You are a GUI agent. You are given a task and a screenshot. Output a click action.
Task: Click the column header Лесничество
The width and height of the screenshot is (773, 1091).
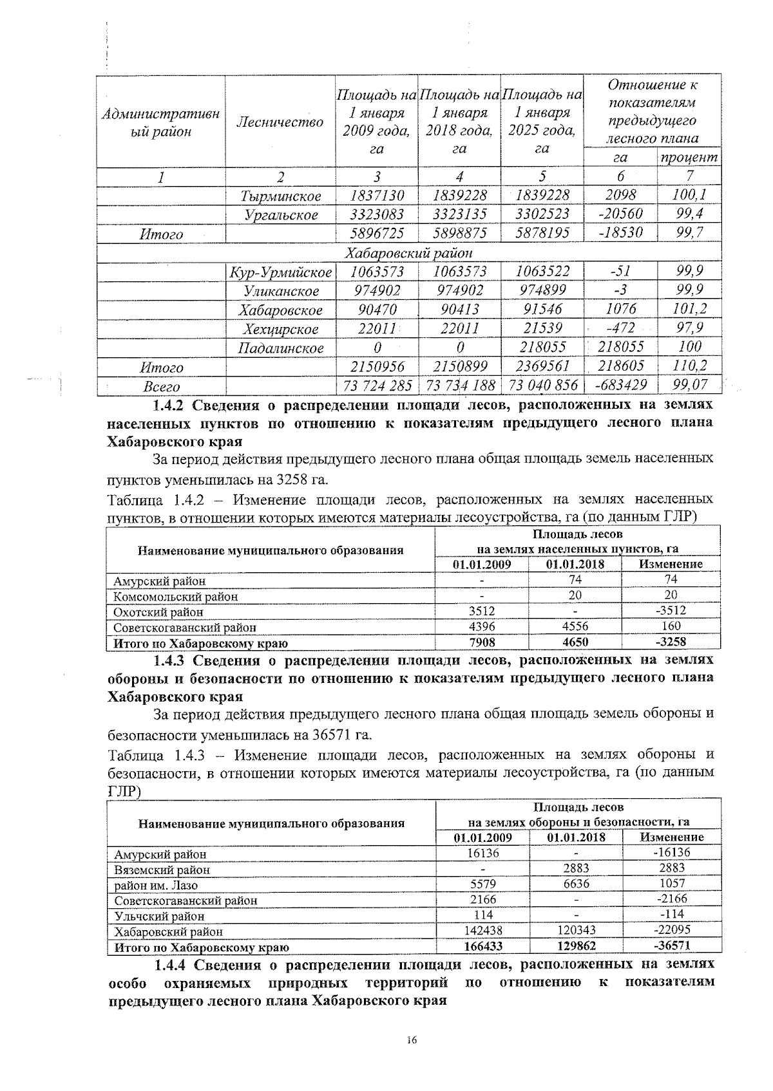click(x=280, y=122)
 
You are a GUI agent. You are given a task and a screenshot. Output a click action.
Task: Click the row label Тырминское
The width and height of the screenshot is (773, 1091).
click(x=280, y=196)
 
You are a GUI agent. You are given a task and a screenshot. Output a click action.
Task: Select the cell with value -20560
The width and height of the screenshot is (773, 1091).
click(x=621, y=214)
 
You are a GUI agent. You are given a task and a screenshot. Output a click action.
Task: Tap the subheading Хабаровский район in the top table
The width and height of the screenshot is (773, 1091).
click(x=409, y=253)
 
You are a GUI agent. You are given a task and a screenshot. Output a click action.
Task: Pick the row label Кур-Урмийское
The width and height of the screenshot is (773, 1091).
click(x=280, y=272)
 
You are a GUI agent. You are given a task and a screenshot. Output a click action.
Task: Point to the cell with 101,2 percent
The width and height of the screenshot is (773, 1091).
click(x=689, y=309)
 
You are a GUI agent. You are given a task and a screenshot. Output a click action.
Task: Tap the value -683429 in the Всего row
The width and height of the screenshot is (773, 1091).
click(x=621, y=386)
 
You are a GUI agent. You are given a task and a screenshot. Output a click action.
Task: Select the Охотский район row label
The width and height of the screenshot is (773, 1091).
click(x=158, y=611)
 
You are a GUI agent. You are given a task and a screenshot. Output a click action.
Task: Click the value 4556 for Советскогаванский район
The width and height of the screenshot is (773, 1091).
click(x=575, y=626)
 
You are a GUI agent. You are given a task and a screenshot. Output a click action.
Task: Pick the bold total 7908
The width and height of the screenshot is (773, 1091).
click(x=481, y=642)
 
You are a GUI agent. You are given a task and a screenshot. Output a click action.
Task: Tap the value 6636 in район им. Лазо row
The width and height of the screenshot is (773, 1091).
click(x=576, y=884)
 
